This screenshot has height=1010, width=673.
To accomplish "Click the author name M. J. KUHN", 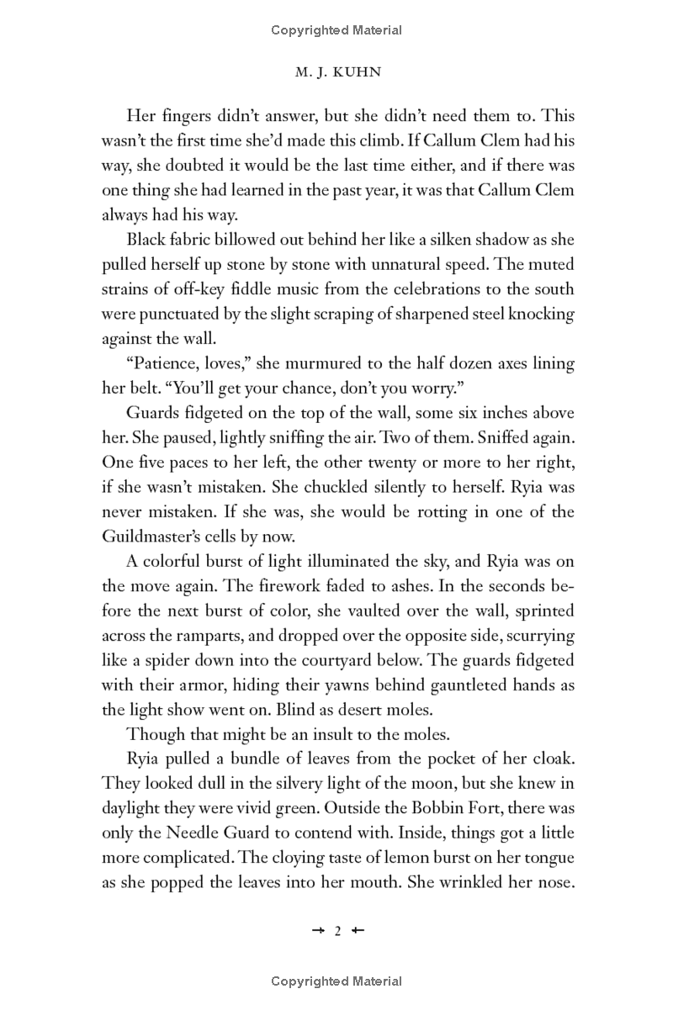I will click(x=336, y=72).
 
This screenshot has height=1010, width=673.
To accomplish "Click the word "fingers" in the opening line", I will click(x=186, y=116).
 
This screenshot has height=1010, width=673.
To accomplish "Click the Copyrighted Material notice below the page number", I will click(x=336, y=981).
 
